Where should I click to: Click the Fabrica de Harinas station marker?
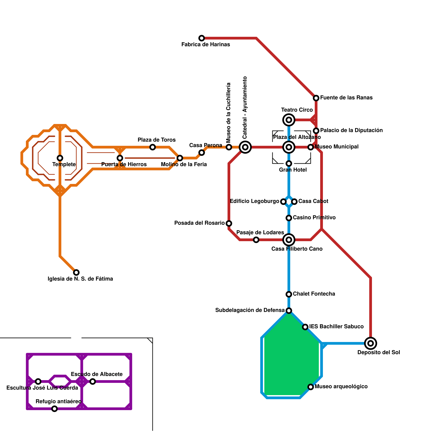pos(202,38)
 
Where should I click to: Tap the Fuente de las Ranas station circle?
pos(316,98)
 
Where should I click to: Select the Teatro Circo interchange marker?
pos(289,120)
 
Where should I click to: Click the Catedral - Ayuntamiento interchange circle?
pos(245,147)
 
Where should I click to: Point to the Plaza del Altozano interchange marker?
pos(289,147)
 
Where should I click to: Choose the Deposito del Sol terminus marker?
pos(371,343)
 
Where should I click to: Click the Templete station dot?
pos(60,158)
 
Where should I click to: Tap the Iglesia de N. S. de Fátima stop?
pos(76,272)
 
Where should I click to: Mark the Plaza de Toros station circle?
pos(153,147)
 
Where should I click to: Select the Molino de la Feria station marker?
pos(180,158)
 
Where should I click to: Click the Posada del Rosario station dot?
pos(229,223)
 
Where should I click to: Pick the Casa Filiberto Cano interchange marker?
pos(289,240)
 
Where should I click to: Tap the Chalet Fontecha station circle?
pos(289,294)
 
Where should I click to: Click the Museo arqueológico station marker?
pos(311,387)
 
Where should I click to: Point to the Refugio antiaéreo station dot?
pos(55,409)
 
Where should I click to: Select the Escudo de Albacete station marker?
pos(93,381)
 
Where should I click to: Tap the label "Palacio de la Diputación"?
pos(351,130)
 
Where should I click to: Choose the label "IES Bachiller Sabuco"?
pos(336,326)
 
